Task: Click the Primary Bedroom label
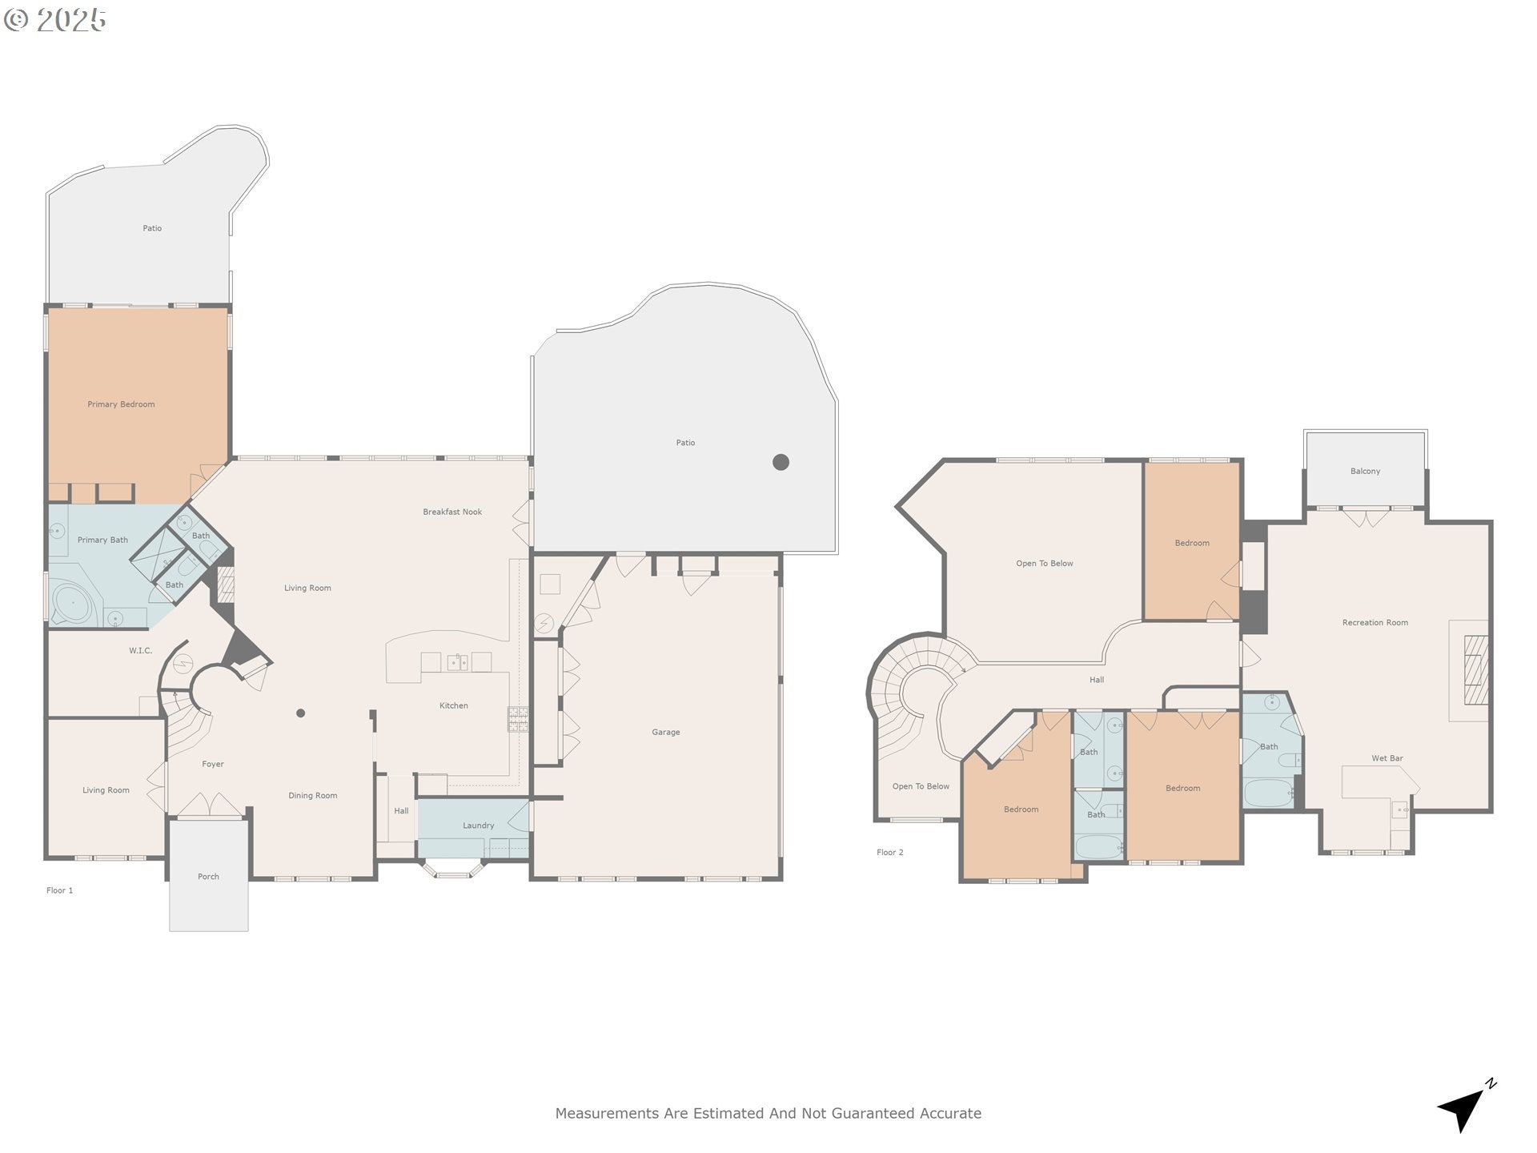(x=121, y=404)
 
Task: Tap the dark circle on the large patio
(x=781, y=462)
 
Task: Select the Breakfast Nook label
(x=452, y=512)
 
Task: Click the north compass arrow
(x=1464, y=1109)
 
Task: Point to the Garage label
(x=665, y=732)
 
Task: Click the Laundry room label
(x=478, y=826)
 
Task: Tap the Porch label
(x=208, y=877)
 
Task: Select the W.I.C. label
(x=140, y=651)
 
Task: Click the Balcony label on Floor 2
(x=1365, y=471)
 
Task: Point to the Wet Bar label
(x=1387, y=758)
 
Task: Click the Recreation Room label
(x=1374, y=622)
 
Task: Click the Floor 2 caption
(x=889, y=853)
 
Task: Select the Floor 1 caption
(x=59, y=890)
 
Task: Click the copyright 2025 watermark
(x=55, y=19)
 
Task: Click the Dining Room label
(x=312, y=796)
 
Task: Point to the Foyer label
(x=212, y=765)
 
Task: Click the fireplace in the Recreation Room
(x=1475, y=669)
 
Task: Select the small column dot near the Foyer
(x=300, y=713)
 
